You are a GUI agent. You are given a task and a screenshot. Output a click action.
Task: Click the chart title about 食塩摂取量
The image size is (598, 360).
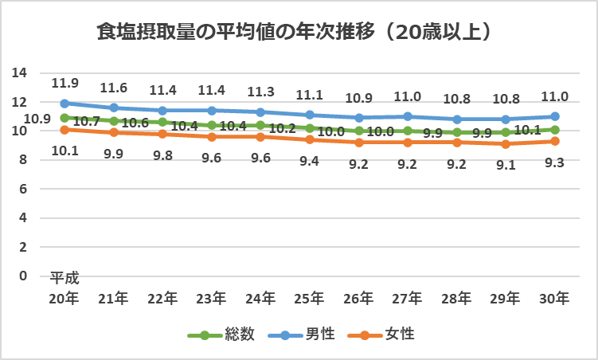pyautogui.click(x=292, y=33)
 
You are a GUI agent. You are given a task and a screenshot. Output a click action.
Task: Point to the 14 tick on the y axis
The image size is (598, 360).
pyautogui.click(x=20, y=73)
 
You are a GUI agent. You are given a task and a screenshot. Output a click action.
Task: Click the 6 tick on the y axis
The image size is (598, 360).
pyautogui.click(x=24, y=190)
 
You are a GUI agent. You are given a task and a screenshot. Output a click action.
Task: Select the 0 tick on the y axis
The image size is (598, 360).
pyautogui.click(x=24, y=276)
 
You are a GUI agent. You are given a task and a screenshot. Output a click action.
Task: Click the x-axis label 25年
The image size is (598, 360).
pyautogui.click(x=309, y=299)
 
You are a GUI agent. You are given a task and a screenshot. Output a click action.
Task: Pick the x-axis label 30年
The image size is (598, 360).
pyautogui.click(x=554, y=299)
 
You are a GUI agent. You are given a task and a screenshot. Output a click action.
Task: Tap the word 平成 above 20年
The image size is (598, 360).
pyautogui.click(x=64, y=279)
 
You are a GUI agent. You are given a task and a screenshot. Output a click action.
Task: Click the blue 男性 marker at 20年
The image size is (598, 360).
pyautogui.click(x=64, y=104)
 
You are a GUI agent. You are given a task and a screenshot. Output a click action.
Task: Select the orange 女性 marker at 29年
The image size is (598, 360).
pyautogui.click(x=506, y=144)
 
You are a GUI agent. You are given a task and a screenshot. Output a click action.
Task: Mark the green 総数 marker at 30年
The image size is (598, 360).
pyautogui.click(x=554, y=130)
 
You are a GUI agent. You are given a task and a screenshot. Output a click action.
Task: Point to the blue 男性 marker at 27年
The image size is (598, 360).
pyautogui.click(x=408, y=116)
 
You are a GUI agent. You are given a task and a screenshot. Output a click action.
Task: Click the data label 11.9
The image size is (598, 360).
pyautogui.click(x=64, y=83)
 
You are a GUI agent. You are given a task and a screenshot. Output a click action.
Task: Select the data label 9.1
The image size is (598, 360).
pyautogui.click(x=506, y=164)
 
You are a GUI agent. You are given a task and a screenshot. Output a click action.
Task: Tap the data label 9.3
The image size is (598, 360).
pyautogui.click(x=554, y=162)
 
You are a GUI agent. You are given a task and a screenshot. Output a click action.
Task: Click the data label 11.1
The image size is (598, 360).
pyautogui.click(x=309, y=95)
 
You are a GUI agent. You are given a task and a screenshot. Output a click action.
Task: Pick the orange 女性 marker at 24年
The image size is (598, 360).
pyautogui.click(x=260, y=137)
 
